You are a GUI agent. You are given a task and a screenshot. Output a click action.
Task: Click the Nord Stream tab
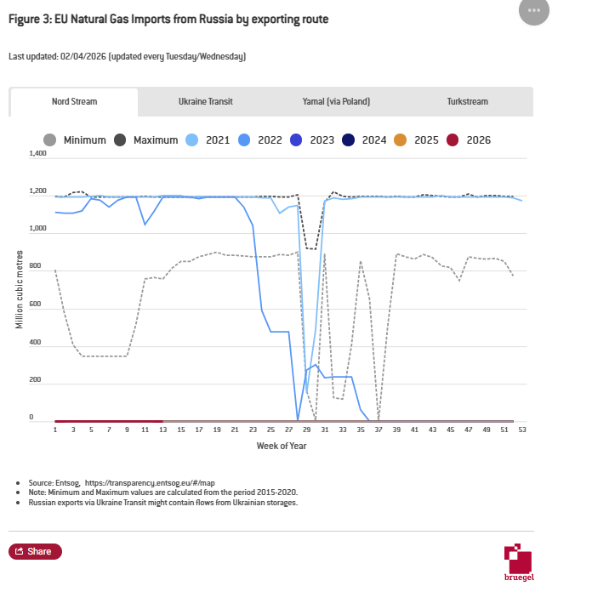(x=74, y=101)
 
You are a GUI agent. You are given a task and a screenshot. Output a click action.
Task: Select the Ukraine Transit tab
(x=205, y=101)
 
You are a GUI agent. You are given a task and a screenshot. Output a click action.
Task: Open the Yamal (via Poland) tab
(x=336, y=101)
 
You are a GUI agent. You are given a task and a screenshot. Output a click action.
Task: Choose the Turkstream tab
(x=468, y=101)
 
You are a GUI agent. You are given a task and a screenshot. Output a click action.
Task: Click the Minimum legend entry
(x=74, y=140)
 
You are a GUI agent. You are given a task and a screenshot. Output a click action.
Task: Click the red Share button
(x=35, y=551)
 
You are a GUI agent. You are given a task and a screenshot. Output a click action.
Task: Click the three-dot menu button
(x=533, y=11)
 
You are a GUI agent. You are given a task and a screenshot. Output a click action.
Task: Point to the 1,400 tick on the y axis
(x=37, y=154)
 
